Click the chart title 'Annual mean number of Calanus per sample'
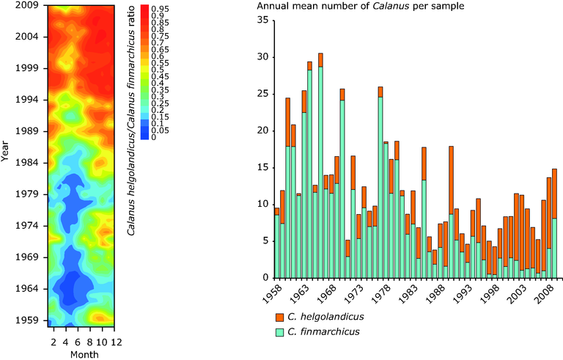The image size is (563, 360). click(361, 7)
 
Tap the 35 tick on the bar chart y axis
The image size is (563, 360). click(262, 21)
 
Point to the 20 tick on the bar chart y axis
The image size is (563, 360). click(262, 131)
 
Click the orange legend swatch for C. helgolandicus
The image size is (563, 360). click(281, 317)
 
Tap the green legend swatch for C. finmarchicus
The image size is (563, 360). click(281, 331)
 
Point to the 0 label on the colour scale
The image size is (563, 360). click(153, 136)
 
